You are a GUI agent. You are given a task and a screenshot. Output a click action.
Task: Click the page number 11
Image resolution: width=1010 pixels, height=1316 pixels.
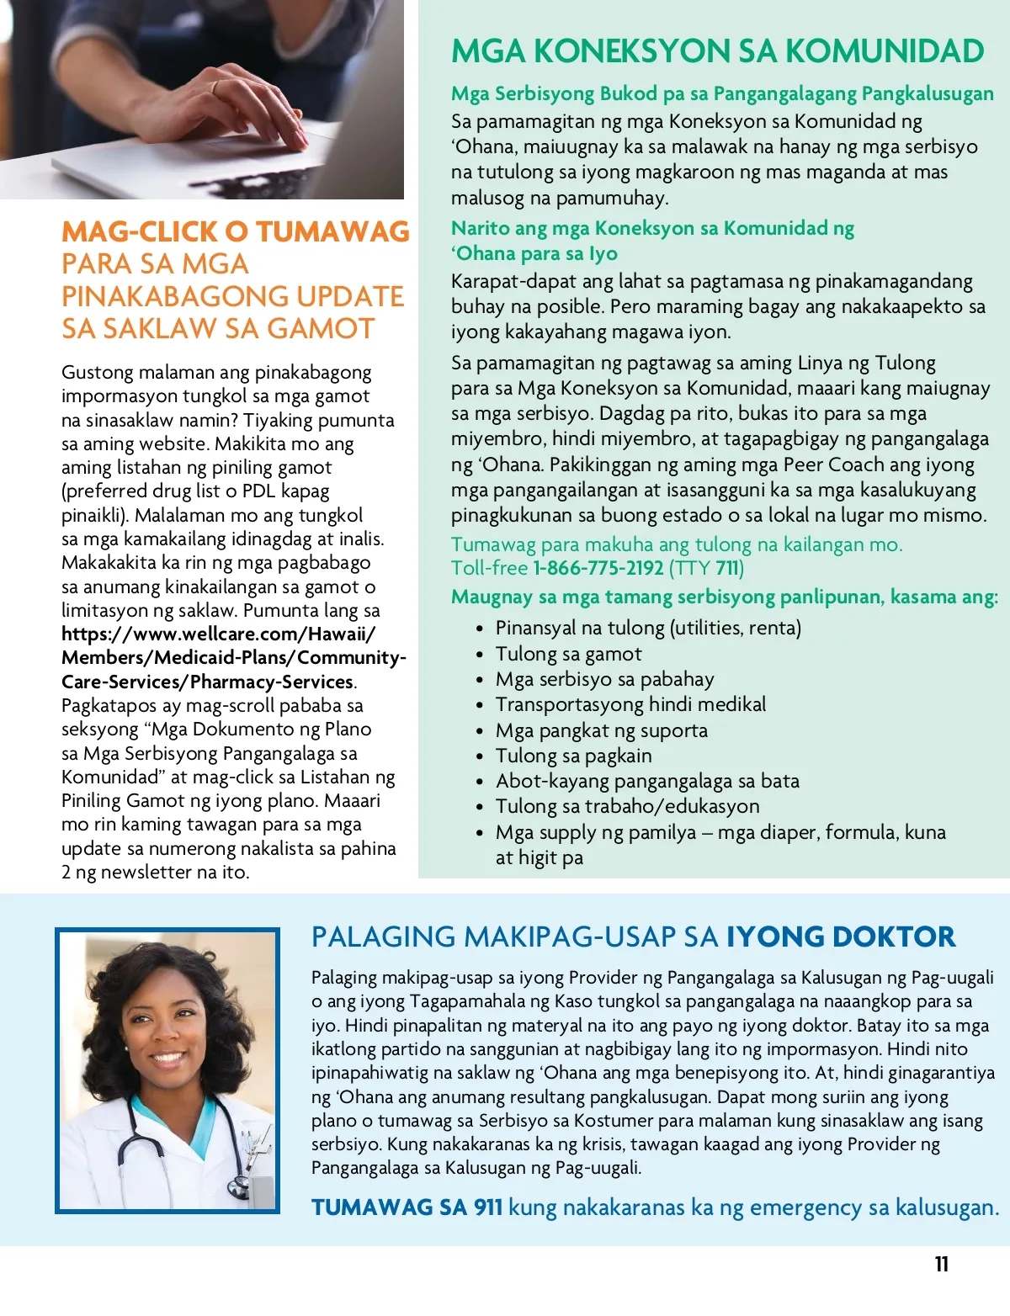coord(941,1264)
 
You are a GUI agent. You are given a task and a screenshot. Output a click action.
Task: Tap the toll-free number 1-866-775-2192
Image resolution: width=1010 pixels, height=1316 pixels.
coord(598,569)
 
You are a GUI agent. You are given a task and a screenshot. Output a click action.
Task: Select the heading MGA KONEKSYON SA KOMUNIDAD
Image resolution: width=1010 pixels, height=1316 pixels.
coord(717,51)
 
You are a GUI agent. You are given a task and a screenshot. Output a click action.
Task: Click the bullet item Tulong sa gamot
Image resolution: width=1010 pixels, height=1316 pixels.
coord(568,654)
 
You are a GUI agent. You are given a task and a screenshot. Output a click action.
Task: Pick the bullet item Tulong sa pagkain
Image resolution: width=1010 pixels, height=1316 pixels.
coord(573,756)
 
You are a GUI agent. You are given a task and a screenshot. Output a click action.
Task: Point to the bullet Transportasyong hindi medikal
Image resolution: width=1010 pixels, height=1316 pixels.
coord(630,704)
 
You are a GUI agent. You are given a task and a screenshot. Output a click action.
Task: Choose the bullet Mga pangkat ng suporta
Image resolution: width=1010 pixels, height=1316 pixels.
coord(601,730)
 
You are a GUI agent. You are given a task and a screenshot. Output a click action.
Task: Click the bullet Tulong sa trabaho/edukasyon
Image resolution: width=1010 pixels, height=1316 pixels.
coord(627,806)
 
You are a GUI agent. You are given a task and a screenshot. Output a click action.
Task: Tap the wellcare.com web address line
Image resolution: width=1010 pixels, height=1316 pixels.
coord(219,634)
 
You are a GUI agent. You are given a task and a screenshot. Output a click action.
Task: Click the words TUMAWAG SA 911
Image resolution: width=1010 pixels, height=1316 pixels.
coord(407,1207)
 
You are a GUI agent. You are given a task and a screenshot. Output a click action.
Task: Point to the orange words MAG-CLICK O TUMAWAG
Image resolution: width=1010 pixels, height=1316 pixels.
coord(236,231)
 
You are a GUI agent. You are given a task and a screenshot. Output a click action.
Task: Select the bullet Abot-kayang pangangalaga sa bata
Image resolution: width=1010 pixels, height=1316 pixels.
coord(647,781)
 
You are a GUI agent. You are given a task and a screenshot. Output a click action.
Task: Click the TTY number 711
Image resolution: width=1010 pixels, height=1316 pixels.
coord(728,569)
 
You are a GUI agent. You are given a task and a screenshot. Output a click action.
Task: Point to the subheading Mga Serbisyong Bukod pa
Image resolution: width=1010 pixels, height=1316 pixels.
coord(722,93)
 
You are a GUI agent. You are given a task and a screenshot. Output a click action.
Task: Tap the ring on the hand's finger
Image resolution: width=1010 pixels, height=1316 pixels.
coord(215,87)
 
